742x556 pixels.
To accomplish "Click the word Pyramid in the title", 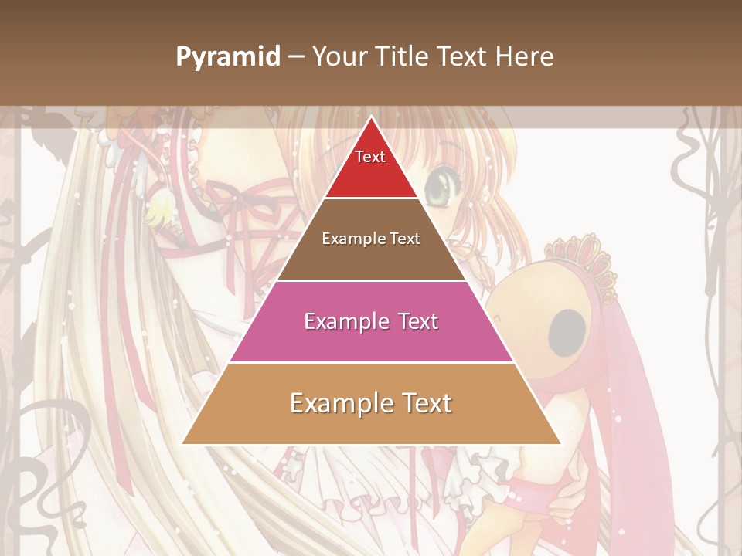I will coord(227,57).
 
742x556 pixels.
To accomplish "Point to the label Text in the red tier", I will coord(370,157).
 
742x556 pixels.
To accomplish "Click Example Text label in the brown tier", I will coord(371,239).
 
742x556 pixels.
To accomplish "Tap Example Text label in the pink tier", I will coord(371,321).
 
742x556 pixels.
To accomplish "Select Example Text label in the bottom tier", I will coord(371,403).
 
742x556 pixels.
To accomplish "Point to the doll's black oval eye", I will coord(567,329).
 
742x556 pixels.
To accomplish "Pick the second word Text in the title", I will coord(464,57).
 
